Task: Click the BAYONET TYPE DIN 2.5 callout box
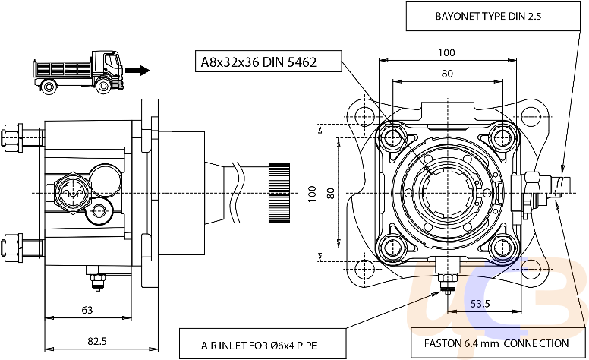(493, 16)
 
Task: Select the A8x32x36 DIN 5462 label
(259, 62)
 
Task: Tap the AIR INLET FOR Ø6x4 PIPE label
(259, 346)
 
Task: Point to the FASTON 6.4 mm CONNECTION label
(496, 343)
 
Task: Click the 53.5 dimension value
(480, 303)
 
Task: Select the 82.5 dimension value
(97, 341)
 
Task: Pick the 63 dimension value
(87, 310)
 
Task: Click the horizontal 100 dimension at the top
(446, 52)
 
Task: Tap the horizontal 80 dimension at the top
(447, 74)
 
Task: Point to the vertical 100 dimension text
(312, 194)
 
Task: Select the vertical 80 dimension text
(331, 194)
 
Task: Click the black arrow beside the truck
(137, 71)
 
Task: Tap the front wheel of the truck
(103, 86)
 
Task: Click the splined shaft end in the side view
(279, 193)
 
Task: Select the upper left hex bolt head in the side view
(12, 137)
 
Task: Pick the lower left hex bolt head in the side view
(12, 248)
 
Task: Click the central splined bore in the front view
(447, 193)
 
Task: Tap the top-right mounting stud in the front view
(502, 138)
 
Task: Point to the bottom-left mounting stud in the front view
(392, 248)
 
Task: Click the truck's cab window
(111, 61)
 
